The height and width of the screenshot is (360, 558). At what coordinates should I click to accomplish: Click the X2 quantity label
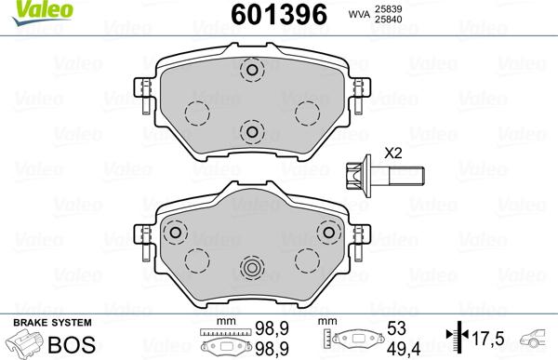click(392, 153)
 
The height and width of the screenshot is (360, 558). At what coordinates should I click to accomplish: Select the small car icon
click(537, 339)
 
